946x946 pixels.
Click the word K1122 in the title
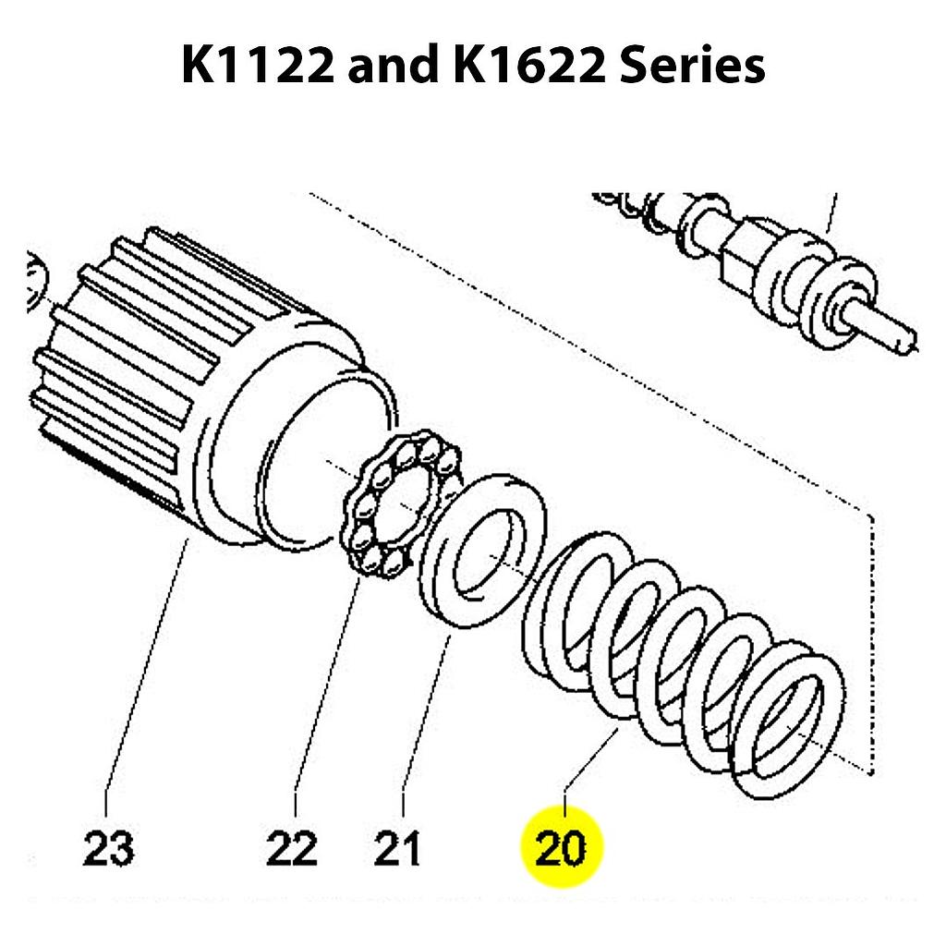coord(256,67)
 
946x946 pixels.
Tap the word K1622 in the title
coord(521,67)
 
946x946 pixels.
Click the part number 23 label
coord(108,848)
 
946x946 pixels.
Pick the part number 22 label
coord(291,848)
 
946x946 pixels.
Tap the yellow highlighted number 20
coord(562,846)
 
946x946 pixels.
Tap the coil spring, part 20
coord(684,665)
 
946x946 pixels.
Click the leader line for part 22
coord(323,684)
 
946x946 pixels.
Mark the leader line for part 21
coord(425,711)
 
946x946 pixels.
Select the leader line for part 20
coord(591,758)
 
